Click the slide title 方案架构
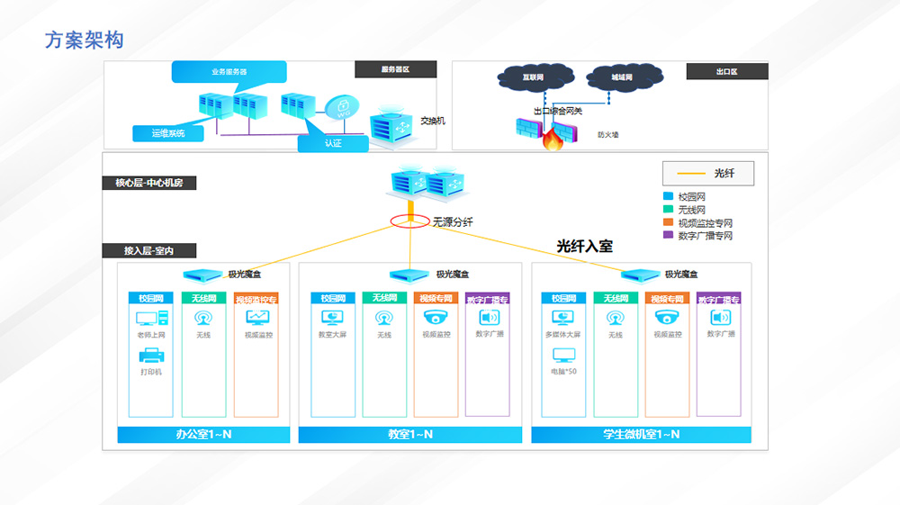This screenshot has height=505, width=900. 84,40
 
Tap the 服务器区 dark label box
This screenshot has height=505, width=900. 395,69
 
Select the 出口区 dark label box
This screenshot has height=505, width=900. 726,71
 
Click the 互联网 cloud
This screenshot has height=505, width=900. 533,78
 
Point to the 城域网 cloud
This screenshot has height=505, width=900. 621,78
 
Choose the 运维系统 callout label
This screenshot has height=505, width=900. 168,134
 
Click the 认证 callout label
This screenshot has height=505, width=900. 333,143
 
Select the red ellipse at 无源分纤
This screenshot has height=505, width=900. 409,221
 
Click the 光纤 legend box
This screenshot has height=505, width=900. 708,173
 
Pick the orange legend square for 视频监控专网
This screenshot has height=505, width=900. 668,222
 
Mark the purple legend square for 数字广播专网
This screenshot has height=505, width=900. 668,235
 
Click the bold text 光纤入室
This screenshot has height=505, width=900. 584,246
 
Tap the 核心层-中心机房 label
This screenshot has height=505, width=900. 149,183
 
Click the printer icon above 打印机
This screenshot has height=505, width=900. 150,356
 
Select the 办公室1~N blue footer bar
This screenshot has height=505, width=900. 203,435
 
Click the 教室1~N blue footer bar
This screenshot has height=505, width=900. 409,435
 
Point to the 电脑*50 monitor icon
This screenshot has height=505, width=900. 563,356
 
